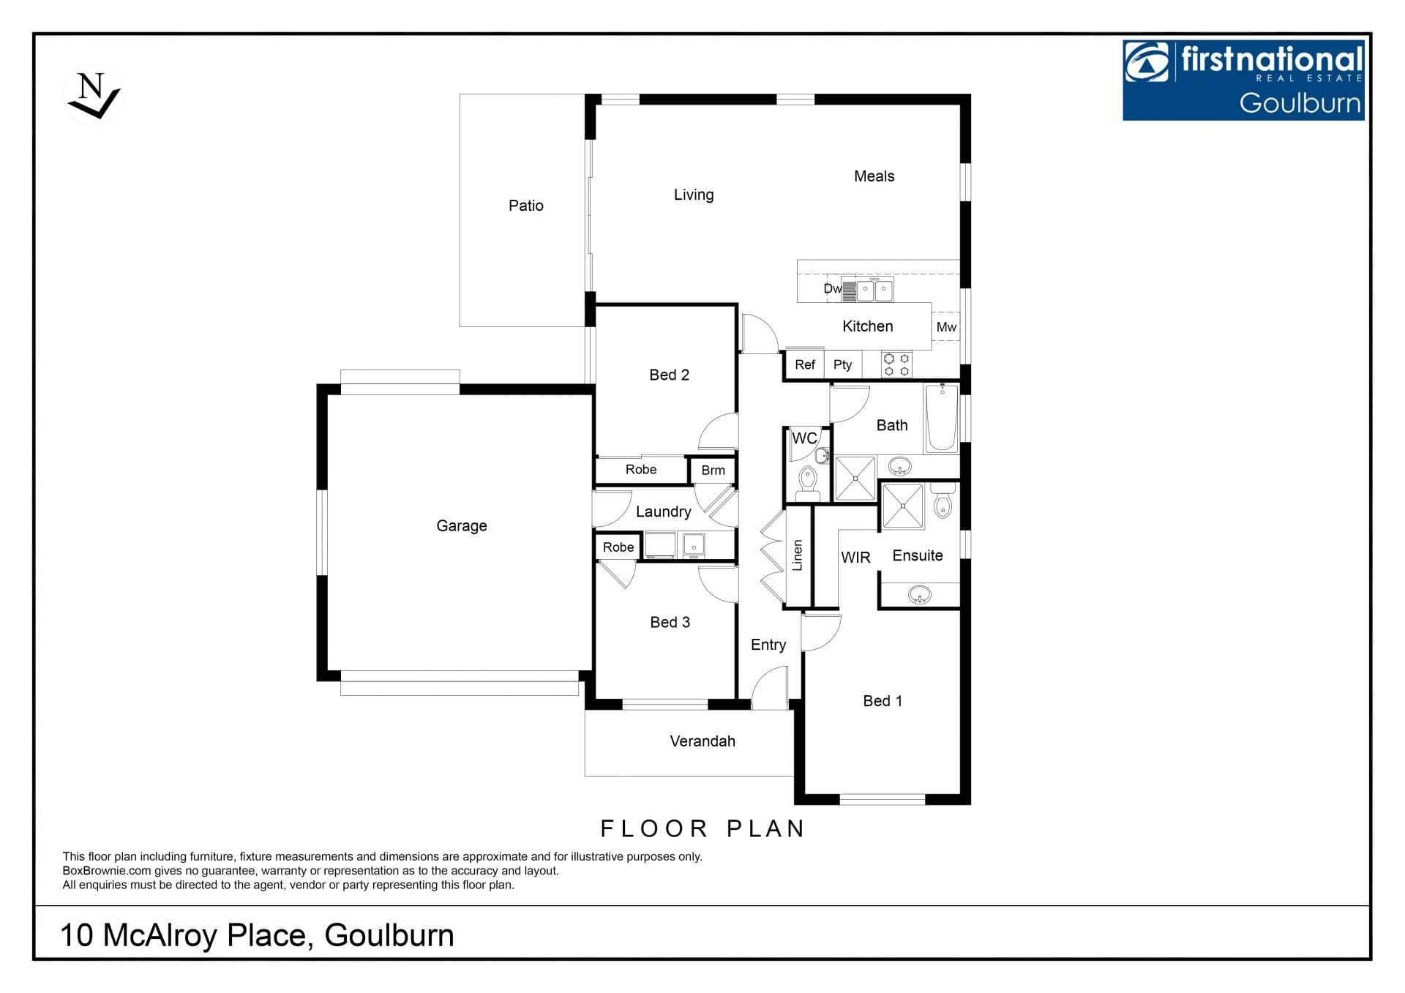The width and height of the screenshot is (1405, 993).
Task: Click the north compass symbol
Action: pos(94,96)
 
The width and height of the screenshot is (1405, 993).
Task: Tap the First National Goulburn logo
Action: pos(1243,80)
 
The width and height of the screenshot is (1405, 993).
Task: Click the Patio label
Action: pos(526,206)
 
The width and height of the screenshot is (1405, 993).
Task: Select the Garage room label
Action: pos(462,525)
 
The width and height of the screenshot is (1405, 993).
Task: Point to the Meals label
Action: pos(874,176)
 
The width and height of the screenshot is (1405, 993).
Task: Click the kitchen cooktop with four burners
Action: pos(896,364)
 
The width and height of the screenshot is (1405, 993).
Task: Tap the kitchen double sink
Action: pos(874,290)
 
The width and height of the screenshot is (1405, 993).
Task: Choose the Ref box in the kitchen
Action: pos(805,364)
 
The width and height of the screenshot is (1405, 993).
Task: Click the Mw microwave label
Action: pos(946,327)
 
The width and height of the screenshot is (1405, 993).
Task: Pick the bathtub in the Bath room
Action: pos(942,418)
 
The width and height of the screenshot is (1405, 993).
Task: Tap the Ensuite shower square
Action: pos(902,505)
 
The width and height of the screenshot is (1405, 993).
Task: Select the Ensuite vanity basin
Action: pos(920,595)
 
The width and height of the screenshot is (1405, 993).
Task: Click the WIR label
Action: pos(855,558)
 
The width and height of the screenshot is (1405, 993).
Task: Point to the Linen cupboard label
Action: pos(798,555)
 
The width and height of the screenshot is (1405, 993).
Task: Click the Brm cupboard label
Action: pos(713,471)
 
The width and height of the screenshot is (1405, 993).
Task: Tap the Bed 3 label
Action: pos(670,623)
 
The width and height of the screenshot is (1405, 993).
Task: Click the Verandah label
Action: pos(702,741)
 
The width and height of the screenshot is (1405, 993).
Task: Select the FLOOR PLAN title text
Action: pos(702,828)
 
